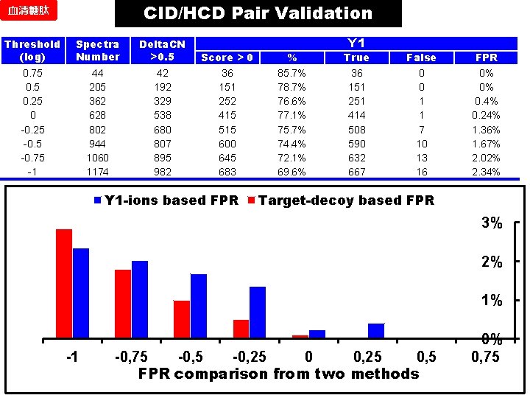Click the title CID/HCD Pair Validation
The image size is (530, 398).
tap(258, 13)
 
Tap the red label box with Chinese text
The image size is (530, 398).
tap(29, 14)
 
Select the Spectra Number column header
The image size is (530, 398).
tap(98, 50)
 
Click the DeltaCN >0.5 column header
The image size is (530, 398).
tap(162, 50)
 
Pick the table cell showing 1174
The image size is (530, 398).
tap(98, 172)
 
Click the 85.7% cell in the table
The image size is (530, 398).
tap(291, 73)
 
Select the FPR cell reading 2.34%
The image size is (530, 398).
tap(486, 172)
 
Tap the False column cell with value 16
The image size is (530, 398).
tap(421, 172)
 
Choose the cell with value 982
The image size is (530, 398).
tap(162, 172)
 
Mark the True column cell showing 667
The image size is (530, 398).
tap(356, 172)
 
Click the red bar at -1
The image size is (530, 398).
tap(64, 284)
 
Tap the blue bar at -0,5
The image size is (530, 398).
tap(198, 306)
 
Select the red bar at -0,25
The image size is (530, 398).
tap(241, 329)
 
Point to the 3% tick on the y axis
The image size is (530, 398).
tap(492, 223)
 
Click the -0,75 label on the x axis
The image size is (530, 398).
tap(130, 357)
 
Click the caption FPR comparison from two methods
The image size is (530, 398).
tap(278, 374)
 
